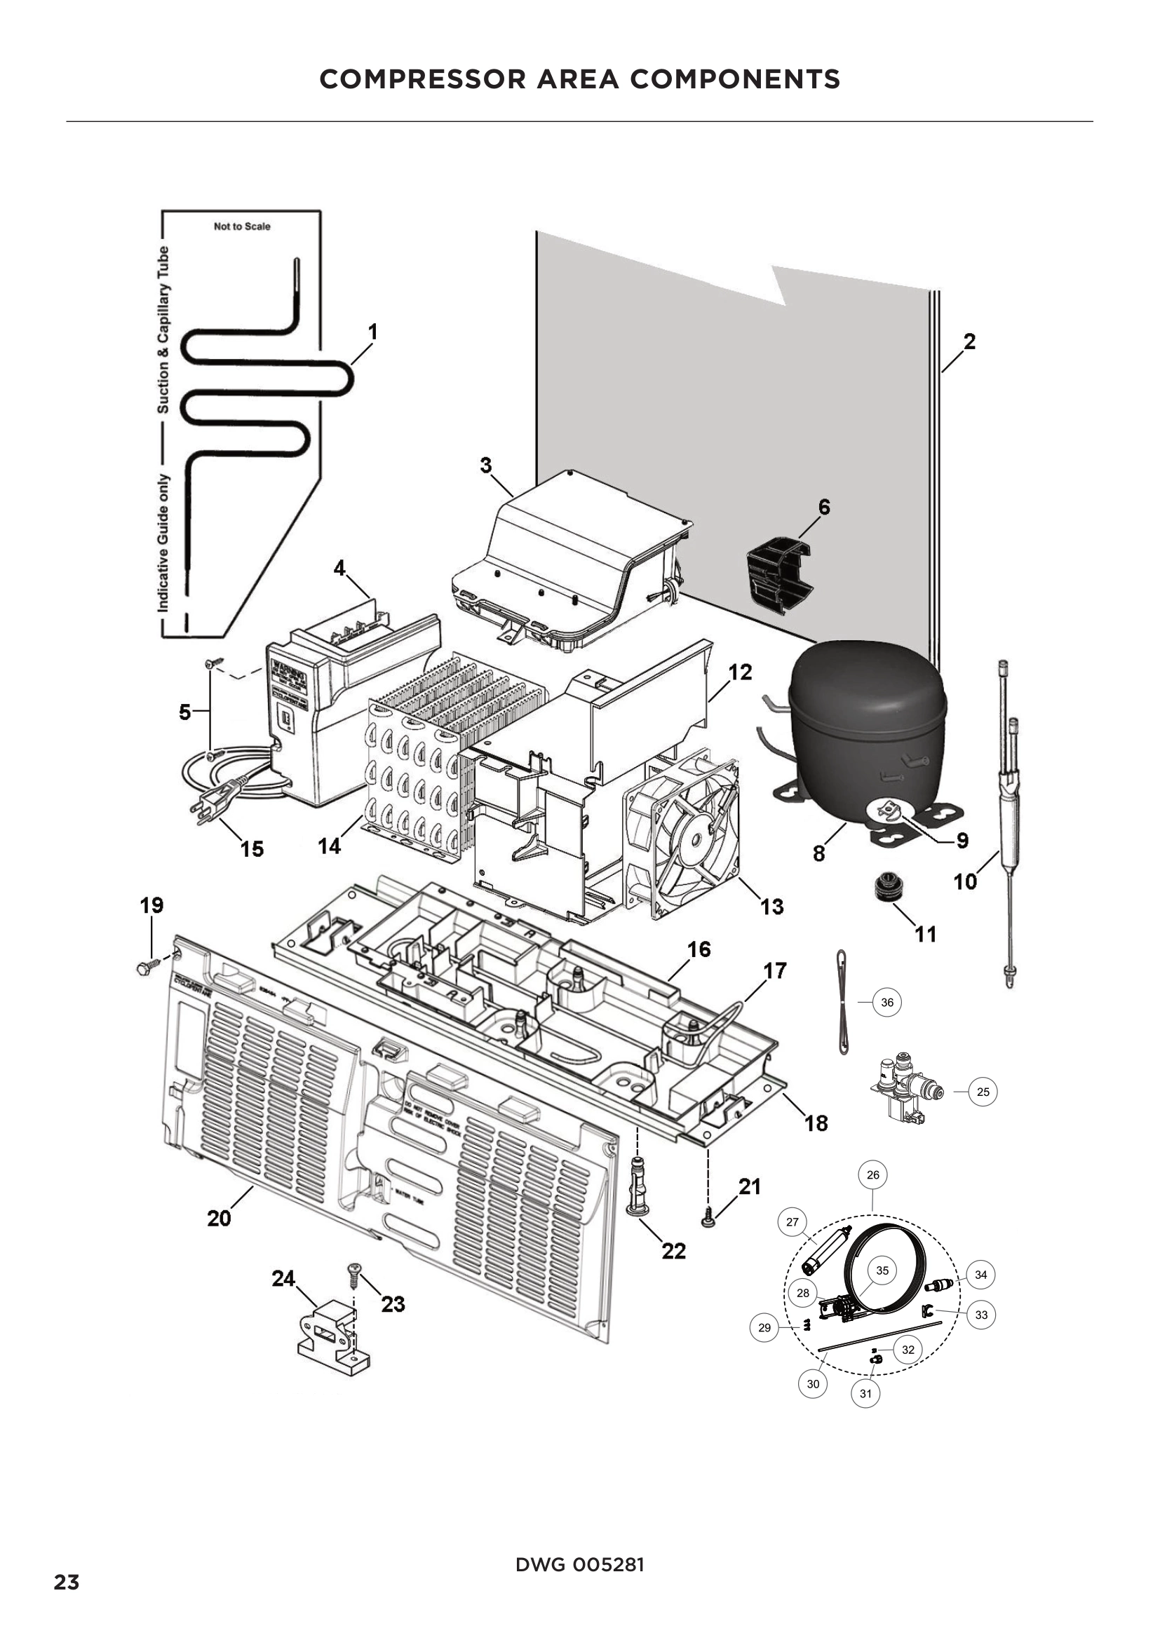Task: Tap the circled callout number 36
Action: point(887,1002)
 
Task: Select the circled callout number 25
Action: point(983,1092)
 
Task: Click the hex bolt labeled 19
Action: point(143,968)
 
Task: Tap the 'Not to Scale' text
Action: point(242,226)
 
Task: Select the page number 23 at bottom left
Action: point(67,1583)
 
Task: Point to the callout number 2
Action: point(969,341)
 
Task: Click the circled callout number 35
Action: point(882,1270)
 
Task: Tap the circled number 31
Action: point(865,1394)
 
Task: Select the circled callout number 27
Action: point(792,1222)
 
